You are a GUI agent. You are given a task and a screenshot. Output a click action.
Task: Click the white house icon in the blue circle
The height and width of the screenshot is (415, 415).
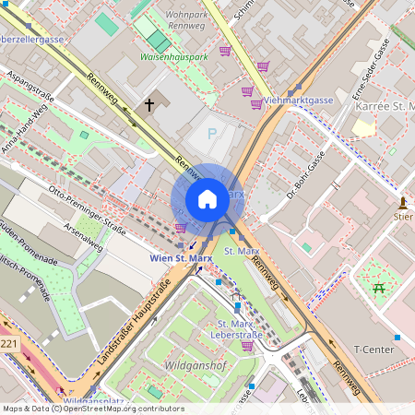click(207, 199)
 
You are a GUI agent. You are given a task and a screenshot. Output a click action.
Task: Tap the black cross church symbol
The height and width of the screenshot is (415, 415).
click(148, 105)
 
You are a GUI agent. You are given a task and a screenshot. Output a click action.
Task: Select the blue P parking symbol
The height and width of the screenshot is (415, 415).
click(211, 134)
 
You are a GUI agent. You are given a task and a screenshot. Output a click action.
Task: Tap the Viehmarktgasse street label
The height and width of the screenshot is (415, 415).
click(298, 99)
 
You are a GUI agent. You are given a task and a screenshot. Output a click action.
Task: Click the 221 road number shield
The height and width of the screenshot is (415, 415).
click(8, 344)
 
